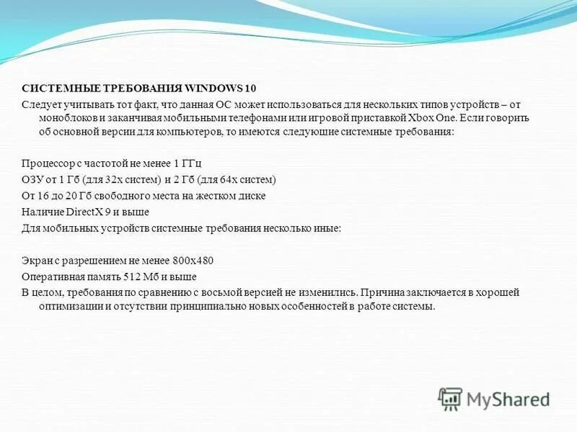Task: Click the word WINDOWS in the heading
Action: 214,89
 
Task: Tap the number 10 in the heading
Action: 250,89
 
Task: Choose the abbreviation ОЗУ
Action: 32,179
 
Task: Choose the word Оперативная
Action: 51,276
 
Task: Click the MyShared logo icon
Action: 451,398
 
